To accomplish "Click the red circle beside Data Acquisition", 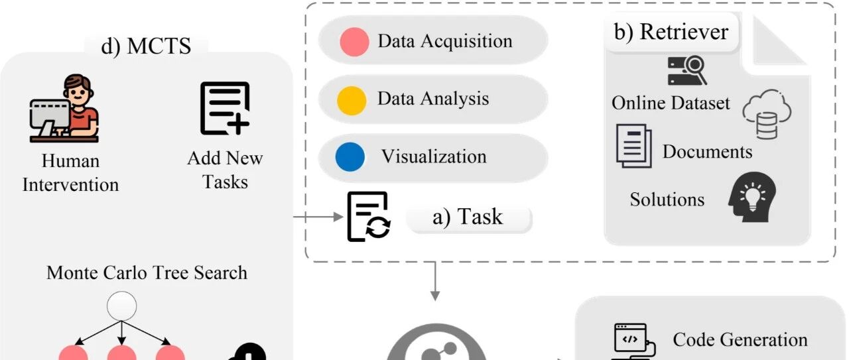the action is pyautogui.click(x=354, y=42).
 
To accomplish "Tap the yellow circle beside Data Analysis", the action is pyautogui.click(x=352, y=100).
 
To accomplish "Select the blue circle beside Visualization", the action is pyautogui.click(x=350, y=157).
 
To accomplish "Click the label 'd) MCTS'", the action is pyautogui.click(x=146, y=46).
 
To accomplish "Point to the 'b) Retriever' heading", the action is pyautogui.click(x=671, y=32).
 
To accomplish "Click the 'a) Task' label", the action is pyautogui.click(x=468, y=217).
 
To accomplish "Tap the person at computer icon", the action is pyautogui.click(x=64, y=108).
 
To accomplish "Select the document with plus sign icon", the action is pyautogui.click(x=225, y=108).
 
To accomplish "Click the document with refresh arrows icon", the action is pyautogui.click(x=369, y=216).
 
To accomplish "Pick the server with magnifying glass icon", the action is pyautogui.click(x=687, y=70).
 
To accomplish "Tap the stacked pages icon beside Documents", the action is pyautogui.click(x=634, y=146).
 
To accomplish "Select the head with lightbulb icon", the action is pyautogui.click(x=752, y=197).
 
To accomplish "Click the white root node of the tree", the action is pyautogui.click(x=121, y=306).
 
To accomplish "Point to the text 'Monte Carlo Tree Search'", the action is pyautogui.click(x=147, y=273).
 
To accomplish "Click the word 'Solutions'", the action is pyautogui.click(x=667, y=200).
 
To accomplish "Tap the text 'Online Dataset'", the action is pyautogui.click(x=671, y=103).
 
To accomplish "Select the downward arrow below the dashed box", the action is pyautogui.click(x=435, y=281).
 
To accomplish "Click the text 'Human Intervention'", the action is pyautogui.click(x=70, y=173).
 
